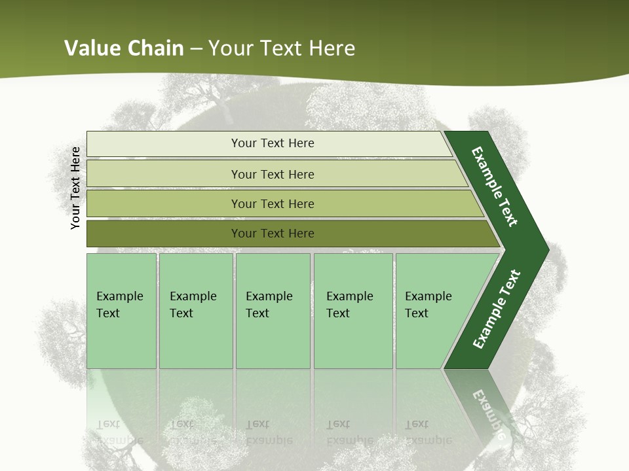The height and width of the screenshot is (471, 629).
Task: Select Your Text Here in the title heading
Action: [282, 48]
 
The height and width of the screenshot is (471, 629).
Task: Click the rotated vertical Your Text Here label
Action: [75, 188]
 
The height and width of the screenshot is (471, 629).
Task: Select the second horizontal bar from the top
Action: [273, 174]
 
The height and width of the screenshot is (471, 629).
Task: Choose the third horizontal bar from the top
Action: [273, 203]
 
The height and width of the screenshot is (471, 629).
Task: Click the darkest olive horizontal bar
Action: [273, 234]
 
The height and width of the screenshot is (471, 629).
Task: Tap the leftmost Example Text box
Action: [121, 311]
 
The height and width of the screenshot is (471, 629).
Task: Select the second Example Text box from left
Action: [195, 311]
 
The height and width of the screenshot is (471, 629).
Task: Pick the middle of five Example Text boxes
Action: [273, 311]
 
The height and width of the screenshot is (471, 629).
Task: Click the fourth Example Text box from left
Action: [353, 311]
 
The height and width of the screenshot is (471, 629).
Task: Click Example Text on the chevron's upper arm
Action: [495, 186]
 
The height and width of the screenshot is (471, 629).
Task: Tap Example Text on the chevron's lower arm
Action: [496, 309]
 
